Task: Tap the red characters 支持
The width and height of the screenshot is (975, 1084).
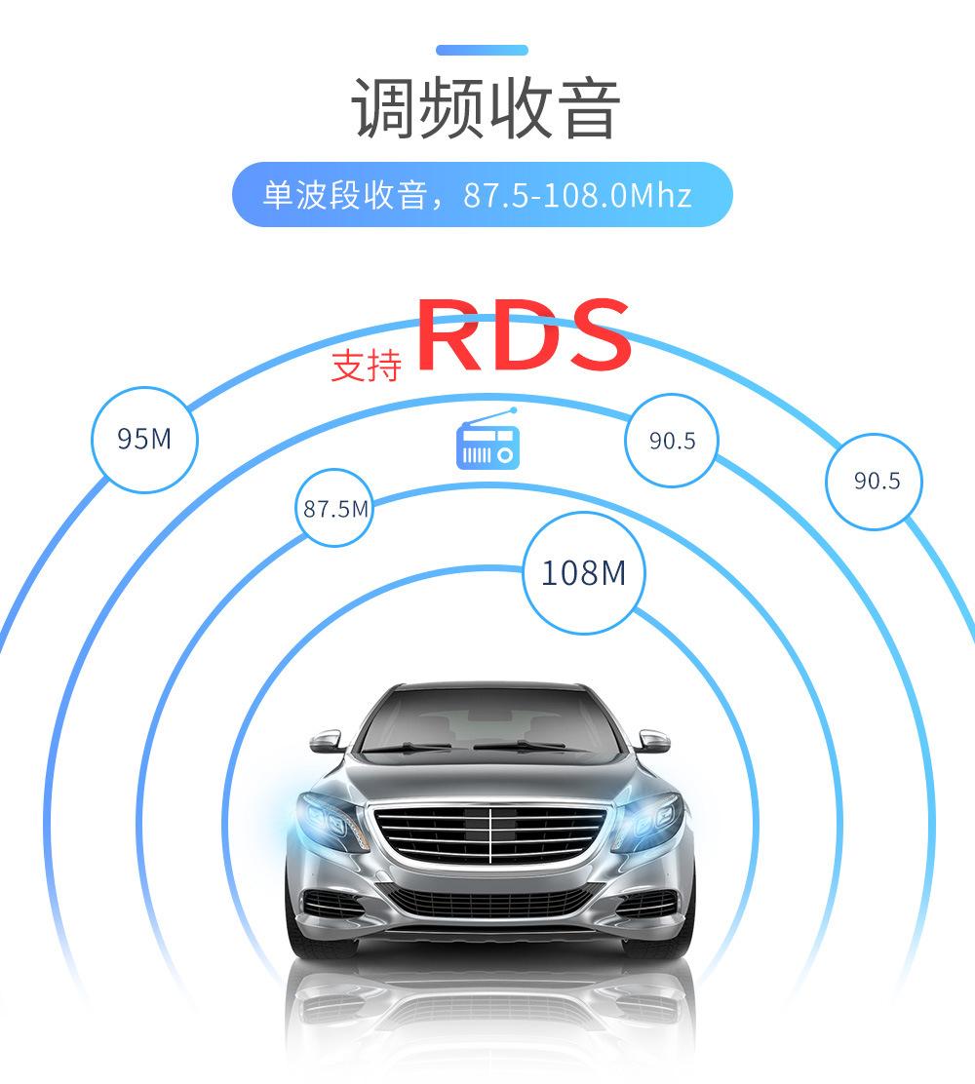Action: [x=366, y=366]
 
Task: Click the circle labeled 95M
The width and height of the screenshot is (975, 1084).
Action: [x=144, y=440]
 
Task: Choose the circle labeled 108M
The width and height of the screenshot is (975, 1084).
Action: [x=583, y=572]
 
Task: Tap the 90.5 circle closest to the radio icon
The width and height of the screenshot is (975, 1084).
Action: [x=673, y=442]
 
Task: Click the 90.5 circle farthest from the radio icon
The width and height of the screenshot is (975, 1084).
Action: [x=876, y=481]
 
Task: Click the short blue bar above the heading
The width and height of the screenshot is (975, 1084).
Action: [x=482, y=50]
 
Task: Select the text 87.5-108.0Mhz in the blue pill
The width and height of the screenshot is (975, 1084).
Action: [x=577, y=196]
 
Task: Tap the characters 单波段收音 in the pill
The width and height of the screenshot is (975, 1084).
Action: [x=345, y=196]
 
